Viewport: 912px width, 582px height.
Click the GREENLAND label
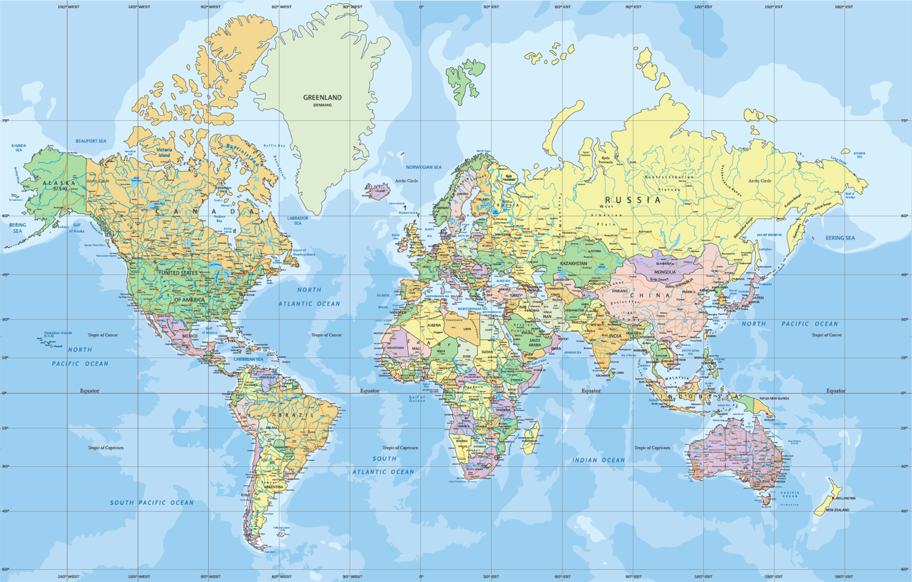pyautogui.click(x=322, y=98)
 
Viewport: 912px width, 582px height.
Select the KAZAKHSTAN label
pyautogui.click(x=573, y=263)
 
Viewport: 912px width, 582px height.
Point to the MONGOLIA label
pyautogui.click(x=665, y=272)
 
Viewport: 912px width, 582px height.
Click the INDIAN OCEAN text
pyautogui.click(x=598, y=460)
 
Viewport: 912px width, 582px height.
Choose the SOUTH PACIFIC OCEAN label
pyautogui.click(x=152, y=502)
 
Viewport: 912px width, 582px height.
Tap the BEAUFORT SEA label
pyautogui.click(x=91, y=141)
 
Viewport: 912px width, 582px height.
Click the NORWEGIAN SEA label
pyautogui.click(x=423, y=167)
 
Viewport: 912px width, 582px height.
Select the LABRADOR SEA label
pyautogui.click(x=297, y=220)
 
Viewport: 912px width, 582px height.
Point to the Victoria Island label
pyautogui.click(x=164, y=152)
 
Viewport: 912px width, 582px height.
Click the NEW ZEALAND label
pyautogui.click(x=837, y=510)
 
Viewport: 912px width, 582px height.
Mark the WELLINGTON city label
pyautogui.click(x=845, y=498)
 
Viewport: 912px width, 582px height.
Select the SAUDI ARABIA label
pyautogui.click(x=534, y=342)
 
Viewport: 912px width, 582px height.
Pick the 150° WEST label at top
pyautogui.click(x=69, y=7)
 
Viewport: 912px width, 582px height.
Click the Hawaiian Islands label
pyautogui.click(x=58, y=334)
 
